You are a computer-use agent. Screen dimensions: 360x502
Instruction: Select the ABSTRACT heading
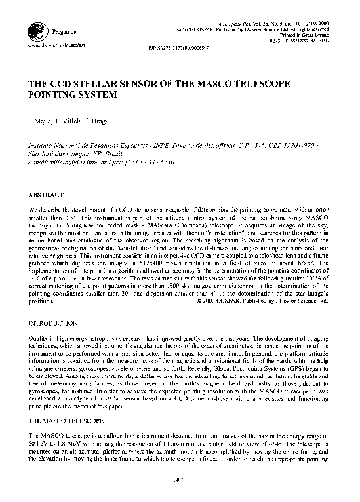(46, 195)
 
